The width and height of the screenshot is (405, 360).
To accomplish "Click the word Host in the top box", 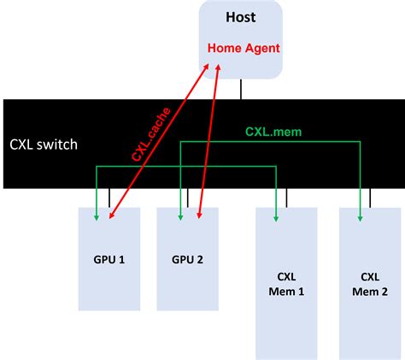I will click(240, 16).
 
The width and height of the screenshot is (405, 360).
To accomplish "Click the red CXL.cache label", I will click(151, 133).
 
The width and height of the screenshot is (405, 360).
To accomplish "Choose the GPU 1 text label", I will click(109, 258).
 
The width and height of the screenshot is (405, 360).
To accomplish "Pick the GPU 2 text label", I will click(187, 258).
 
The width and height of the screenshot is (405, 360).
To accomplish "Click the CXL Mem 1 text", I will click(286, 283).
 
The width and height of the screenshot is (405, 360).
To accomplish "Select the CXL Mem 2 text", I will click(369, 283).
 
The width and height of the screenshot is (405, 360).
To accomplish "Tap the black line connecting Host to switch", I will click(241, 89).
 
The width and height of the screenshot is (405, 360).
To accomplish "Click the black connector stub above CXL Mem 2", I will click(370, 198).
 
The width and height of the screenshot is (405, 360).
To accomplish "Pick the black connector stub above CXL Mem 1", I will click(287, 198).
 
